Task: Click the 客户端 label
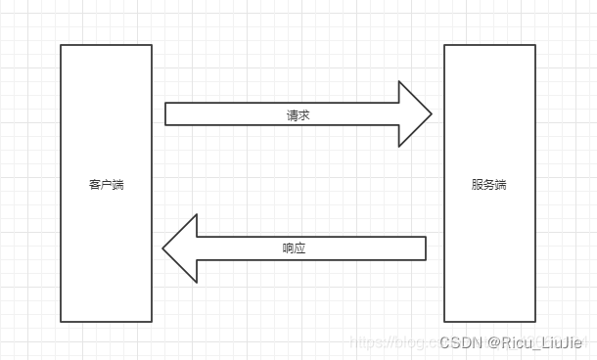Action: (106, 184)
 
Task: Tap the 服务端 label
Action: (489, 184)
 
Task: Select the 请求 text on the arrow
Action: (298, 115)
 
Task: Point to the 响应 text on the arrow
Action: (294, 248)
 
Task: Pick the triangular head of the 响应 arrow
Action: (180, 248)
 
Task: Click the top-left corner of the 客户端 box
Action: (61, 45)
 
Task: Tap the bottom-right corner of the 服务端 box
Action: (535, 321)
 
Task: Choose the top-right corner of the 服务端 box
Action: (535, 45)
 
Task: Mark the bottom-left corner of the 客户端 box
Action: (61, 321)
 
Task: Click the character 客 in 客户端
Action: (95, 184)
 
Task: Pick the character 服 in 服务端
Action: (478, 184)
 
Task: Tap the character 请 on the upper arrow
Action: (293, 115)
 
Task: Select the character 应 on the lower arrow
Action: (299, 248)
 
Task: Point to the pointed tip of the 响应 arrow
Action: (163, 248)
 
